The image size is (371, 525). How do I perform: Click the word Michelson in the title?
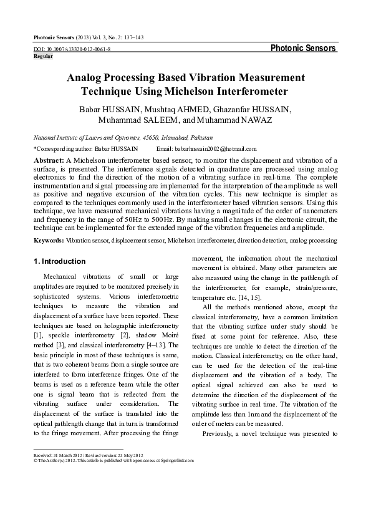(x=214, y=91)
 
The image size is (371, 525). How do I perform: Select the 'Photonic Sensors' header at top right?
(x=304, y=48)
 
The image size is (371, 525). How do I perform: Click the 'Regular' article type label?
(x=42, y=55)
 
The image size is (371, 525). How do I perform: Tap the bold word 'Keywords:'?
(x=49, y=239)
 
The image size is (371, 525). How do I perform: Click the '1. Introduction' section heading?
(x=59, y=261)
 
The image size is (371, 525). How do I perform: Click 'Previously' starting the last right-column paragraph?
(x=220, y=433)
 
